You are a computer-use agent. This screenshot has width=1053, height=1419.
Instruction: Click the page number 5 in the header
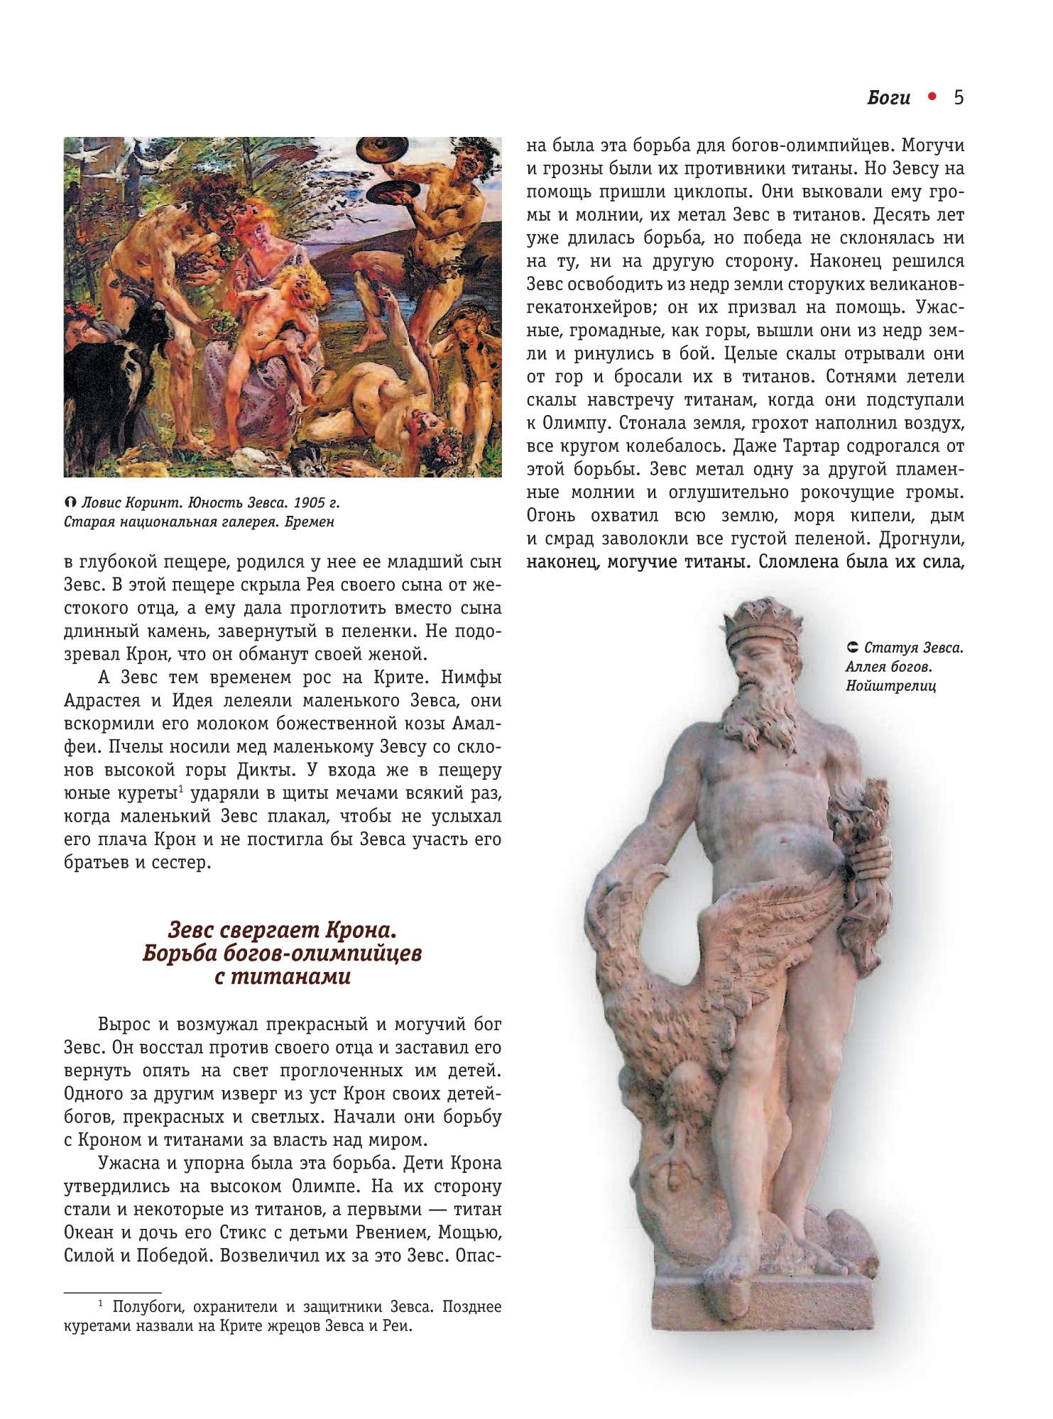click(x=959, y=97)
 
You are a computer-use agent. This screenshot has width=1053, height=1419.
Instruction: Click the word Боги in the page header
click(x=888, y=98)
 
